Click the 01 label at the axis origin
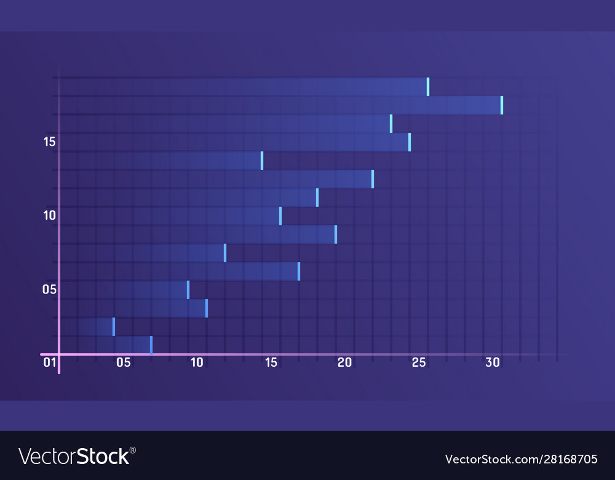(49, 362)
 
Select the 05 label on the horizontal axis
(123, 362)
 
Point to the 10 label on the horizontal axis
(197, 362)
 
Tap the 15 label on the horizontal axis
(271, 362)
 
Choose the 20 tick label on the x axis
(344, 362)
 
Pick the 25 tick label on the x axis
(419, 362)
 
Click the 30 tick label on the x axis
(493, 362)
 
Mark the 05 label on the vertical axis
(49, 289)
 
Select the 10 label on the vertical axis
(49, 215)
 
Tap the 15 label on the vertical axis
(49, 142)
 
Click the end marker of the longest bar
(502, 105)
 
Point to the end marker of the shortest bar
(114, 327)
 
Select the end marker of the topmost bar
(428, 87)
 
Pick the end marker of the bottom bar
(151, 345)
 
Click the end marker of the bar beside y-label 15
(410, 142)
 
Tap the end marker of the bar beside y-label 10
(280, 216)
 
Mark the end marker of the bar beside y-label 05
(188, 290)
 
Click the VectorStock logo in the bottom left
(74, 457)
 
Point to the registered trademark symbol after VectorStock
(133, 450)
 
